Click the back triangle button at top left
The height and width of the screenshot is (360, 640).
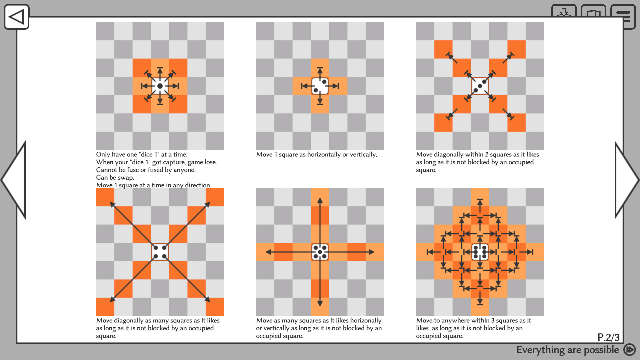pos(16,17)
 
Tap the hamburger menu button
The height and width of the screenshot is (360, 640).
pos(623,16)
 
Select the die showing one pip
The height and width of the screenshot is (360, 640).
pos(160,86)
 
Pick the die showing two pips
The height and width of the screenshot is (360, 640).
pos(320,86)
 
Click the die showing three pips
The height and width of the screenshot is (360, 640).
pos(480,86)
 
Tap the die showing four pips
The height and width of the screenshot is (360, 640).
pos(160,252)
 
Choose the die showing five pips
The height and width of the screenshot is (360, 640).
pos(320,252)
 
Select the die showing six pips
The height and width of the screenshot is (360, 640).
pos(480,252)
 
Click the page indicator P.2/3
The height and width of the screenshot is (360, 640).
pos(608,337)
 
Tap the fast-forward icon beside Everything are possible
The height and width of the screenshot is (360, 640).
pos(629,350)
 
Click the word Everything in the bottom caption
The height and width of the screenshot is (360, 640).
pos(540,350)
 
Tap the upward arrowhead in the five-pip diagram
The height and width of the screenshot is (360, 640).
pos(320,200)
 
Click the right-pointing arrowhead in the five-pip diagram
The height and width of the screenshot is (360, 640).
pos(372,252)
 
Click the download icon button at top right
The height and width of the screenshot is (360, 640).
pos(564,13)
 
